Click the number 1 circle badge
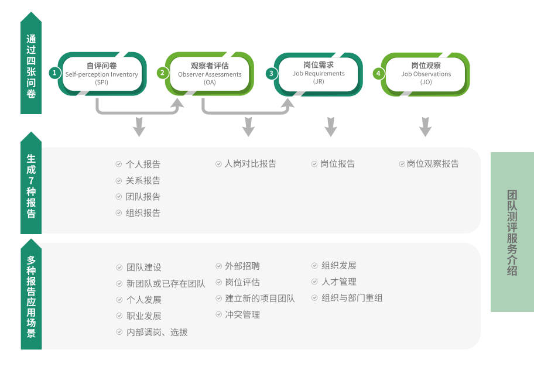54,73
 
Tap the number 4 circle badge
379,73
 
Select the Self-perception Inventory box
102,74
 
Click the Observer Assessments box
210,74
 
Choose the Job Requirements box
319,73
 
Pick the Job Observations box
426,74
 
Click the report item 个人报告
143,164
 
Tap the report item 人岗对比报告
250,164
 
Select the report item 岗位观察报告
433,164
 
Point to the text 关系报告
143,181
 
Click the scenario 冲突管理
242,315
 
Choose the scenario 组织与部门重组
352,298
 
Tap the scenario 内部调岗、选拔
157,332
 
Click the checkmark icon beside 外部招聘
219,266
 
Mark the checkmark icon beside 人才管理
315,282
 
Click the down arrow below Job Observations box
426,126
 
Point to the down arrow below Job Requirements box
331,126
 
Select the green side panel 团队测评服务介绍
512,232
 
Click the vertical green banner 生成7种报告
31,185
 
